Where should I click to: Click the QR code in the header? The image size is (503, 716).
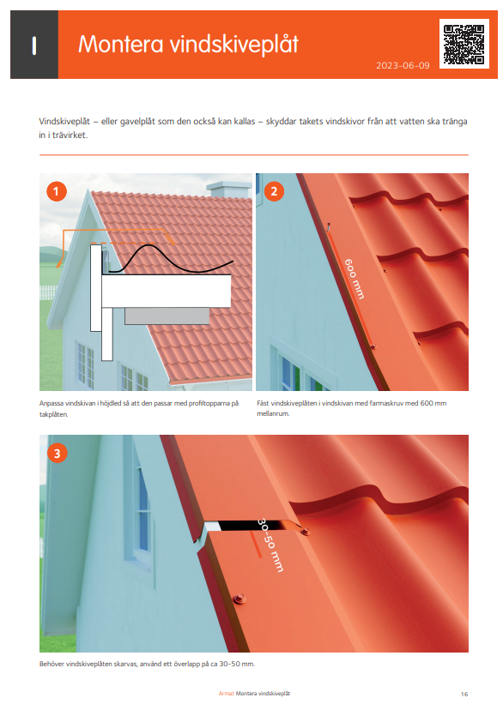coord(464,44)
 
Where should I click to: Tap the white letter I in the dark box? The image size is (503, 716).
coord(33,45)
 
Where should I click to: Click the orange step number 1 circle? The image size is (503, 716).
coord(57,192)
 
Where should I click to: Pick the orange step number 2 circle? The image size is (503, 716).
coord(274,192)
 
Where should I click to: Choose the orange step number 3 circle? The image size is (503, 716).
coord(57,453)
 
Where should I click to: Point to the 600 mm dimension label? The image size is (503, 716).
coord(354,279)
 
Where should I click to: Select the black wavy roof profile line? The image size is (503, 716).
coord(172,258)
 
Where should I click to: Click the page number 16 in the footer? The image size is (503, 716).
coord(464,693)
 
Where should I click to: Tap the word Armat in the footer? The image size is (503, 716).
coord(226,693)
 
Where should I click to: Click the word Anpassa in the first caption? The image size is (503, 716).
coord(52,403)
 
